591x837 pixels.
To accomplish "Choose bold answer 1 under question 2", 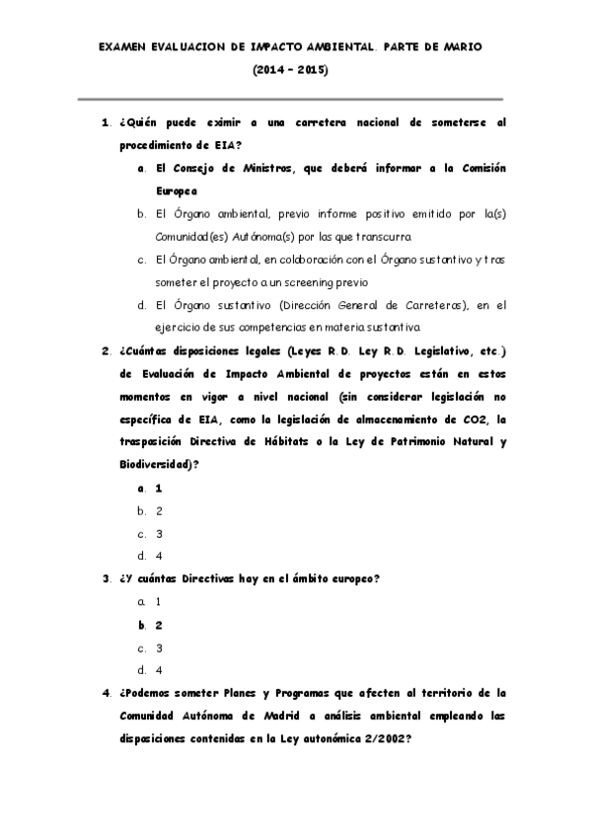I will pyautogui.click(x=159, y=489).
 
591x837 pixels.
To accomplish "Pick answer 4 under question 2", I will pyautogui.click(x=159, y=555).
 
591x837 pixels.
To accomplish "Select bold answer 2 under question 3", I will pyautogui.click(x=159, y=625).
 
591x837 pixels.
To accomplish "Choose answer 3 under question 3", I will pyautogui.click(x=159, y=647).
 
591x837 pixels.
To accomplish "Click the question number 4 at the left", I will pyautogui.click(x=106, y=692).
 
